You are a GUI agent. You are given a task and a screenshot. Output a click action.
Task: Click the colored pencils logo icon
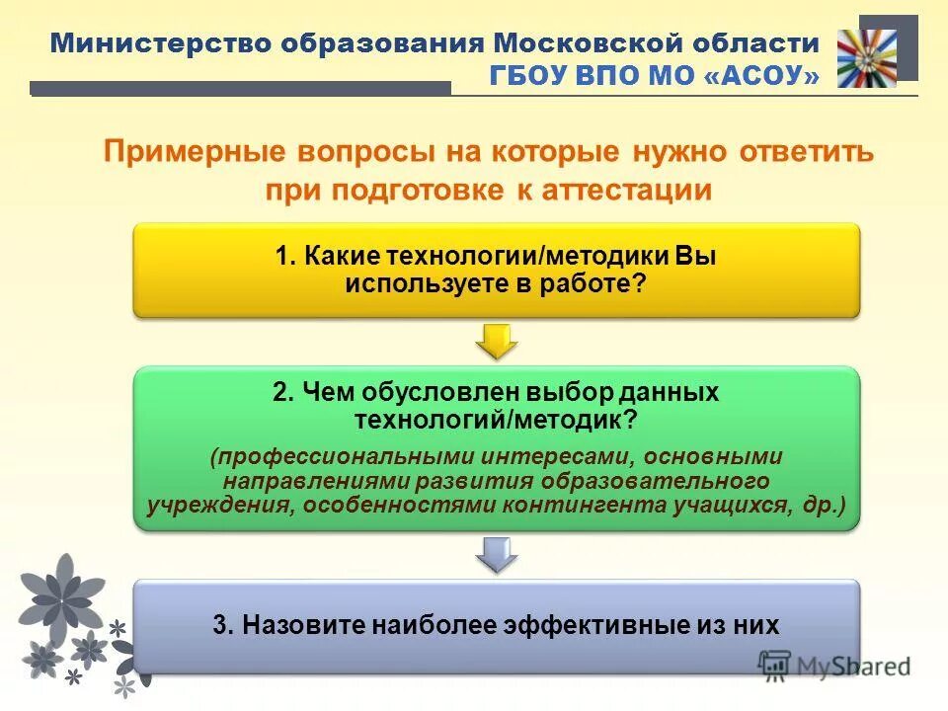pos(866,58)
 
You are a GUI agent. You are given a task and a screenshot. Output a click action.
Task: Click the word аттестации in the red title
pos(627,190)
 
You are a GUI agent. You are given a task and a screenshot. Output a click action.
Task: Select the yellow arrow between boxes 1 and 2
pos(497,341)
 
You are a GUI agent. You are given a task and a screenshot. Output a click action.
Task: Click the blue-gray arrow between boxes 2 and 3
pos(497,554)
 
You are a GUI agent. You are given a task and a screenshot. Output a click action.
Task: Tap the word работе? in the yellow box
pos(593,283)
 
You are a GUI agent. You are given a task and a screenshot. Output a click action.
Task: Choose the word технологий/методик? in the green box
pos(496,420)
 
